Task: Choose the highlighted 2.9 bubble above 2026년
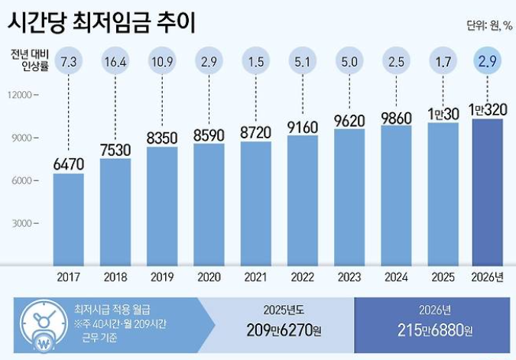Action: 488,60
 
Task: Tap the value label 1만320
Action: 487,109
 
